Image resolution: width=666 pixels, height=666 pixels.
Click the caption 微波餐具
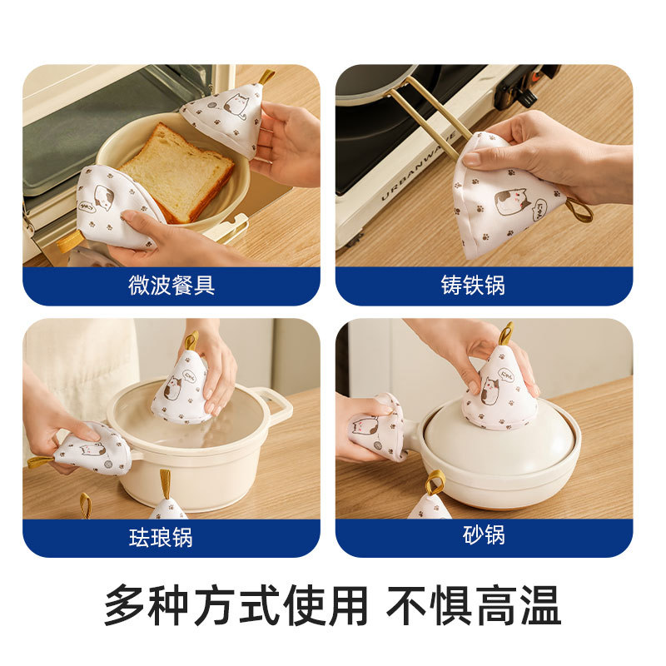[x=171, y=285]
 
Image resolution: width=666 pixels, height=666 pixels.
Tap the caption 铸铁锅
[x=473, y=285]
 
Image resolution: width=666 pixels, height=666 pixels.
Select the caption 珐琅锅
[x=161, y=537]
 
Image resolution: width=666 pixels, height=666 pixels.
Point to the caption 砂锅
[x=484, y=534]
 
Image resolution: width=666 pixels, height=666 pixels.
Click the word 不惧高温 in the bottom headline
[x=474, y=606]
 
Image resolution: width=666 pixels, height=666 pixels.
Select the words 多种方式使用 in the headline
[x=236, y=606]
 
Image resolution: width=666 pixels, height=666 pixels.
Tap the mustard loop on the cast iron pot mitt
[x=579, y=211]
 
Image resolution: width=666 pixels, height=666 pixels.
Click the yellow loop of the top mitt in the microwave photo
[x=266, y=77]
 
